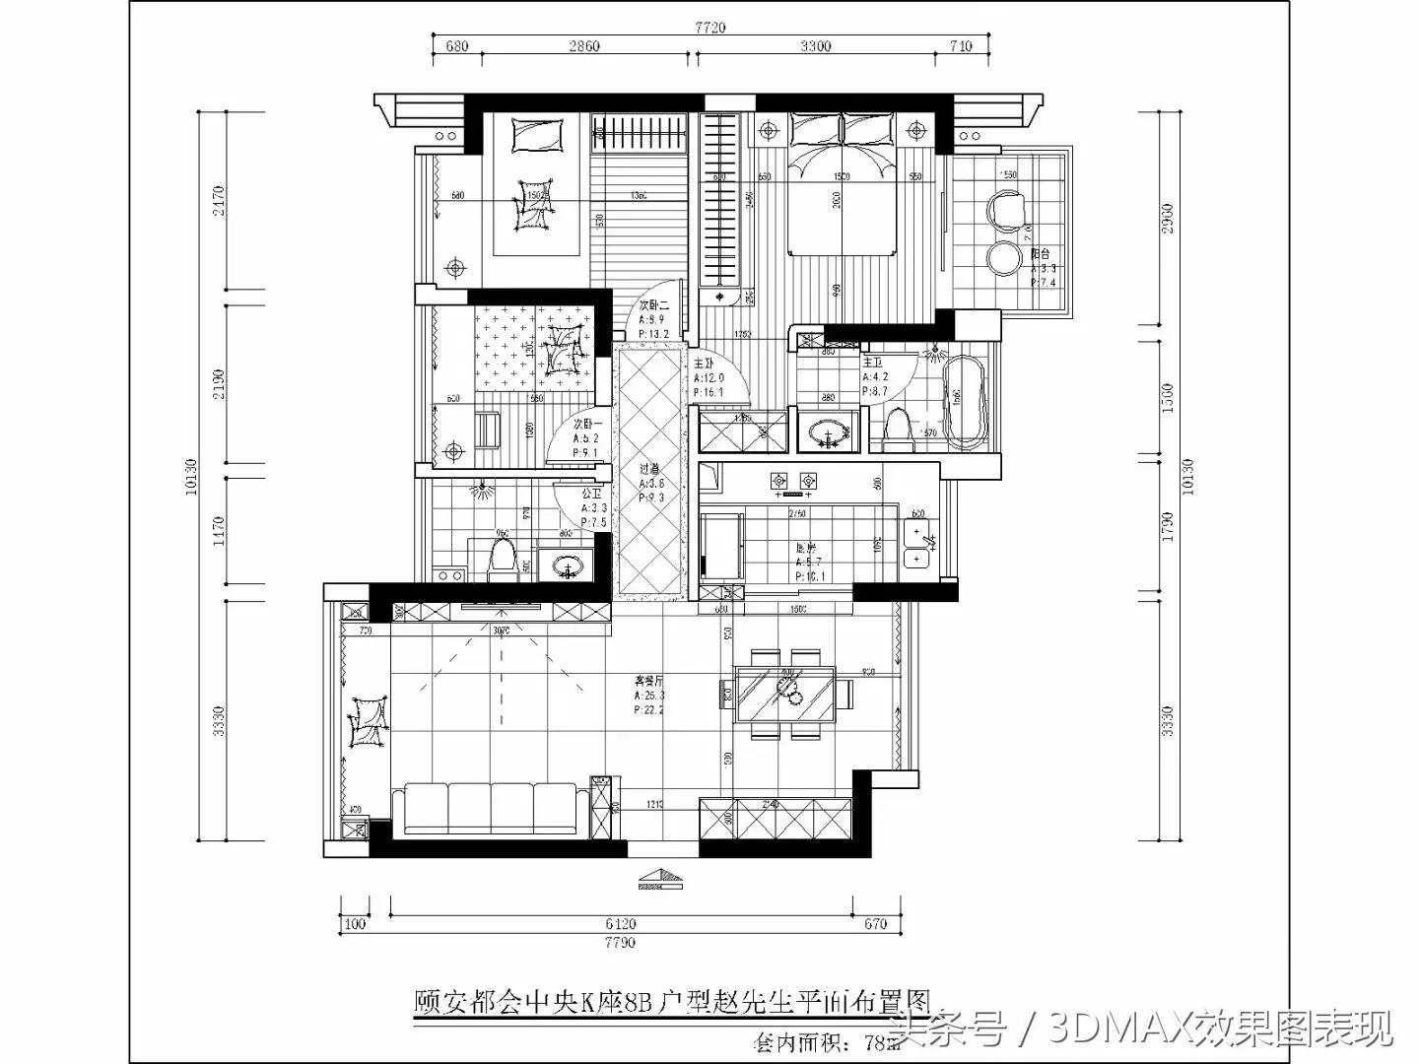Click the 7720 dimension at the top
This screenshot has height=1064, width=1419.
coord(709,28)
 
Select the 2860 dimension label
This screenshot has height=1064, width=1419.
coord(584,46)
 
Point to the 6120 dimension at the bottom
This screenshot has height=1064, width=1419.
coord(621,924)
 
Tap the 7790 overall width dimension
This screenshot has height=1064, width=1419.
coord(621,943)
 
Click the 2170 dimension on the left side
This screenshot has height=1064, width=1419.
coord(219,201)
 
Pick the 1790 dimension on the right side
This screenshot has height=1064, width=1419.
coord(1168,525)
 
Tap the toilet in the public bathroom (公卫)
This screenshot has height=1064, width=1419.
coord(503,558)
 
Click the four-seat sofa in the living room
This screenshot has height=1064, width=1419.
coord(490,810)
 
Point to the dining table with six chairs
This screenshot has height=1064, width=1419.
coord(788,693)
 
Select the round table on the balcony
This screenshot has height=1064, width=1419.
coord(1004,259)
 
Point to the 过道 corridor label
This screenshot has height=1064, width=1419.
coord(649,470)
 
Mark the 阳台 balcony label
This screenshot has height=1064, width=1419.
coord(1040,254)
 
